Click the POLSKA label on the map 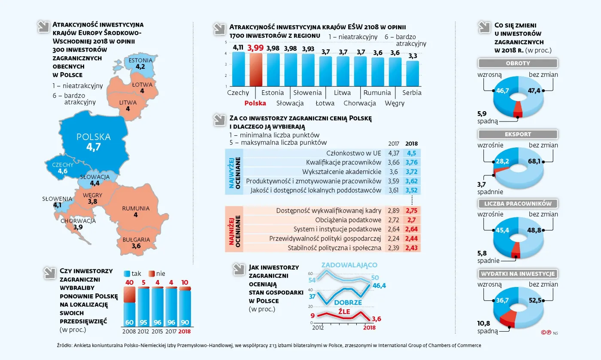coord(93,137)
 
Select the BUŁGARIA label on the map coord(136,239)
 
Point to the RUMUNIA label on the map coord(136,208)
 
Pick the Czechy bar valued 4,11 coord(238,69)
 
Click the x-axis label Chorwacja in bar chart coord(360,103)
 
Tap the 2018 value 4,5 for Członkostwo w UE coord(412,153)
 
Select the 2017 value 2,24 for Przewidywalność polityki coord(393,238)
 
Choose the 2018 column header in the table coord(412,144)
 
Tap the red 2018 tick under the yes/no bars coord(185,331)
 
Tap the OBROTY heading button coord(518,63)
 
